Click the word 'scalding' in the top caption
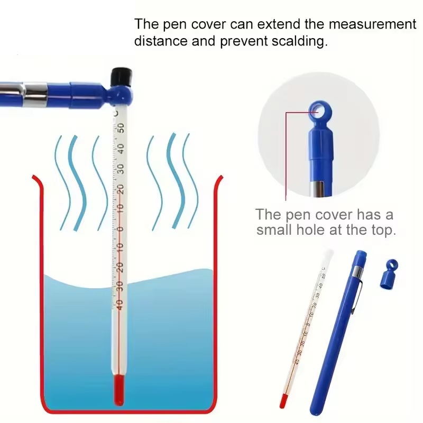(x=299, y=41)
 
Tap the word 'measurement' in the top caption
(x=373, y=24)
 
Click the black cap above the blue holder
(x=122, y=76)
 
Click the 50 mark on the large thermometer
(x=121, y=128)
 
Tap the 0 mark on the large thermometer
(x=121, y=229)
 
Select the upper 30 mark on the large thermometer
(x=121, y=169)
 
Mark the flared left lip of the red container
(x=37, y=180)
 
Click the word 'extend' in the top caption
(x=279, y=24)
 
